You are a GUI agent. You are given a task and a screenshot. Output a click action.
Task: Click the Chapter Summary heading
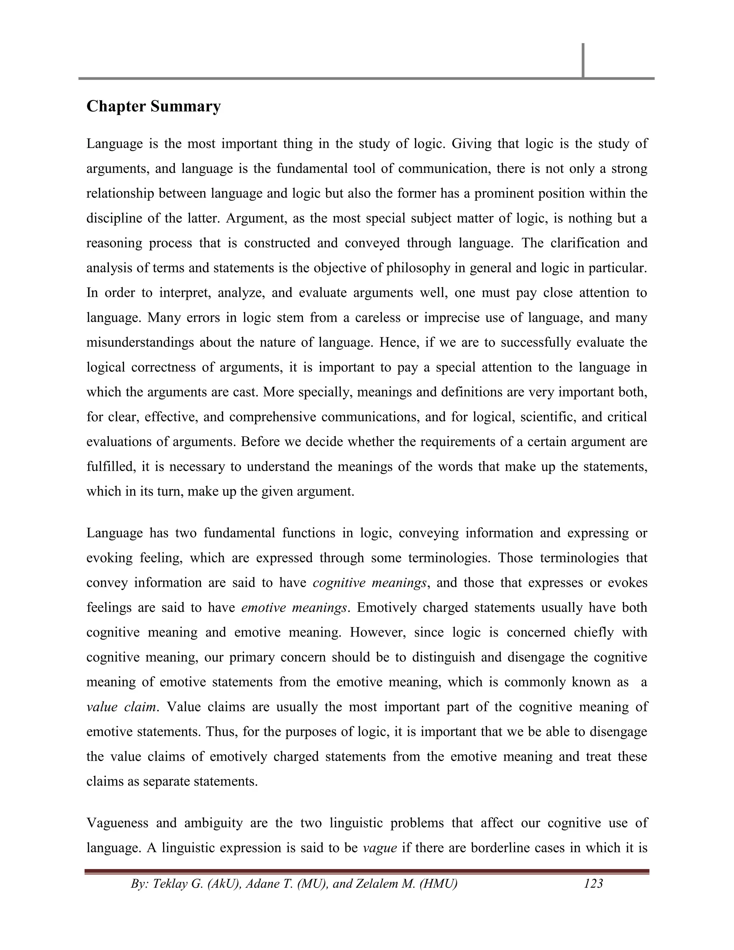coord(153,106)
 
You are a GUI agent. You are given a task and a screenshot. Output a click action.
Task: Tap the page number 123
coord(593,883)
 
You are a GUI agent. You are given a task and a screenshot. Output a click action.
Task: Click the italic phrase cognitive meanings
coord(370,583)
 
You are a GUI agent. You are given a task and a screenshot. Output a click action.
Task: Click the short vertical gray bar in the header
coord(583,61)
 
